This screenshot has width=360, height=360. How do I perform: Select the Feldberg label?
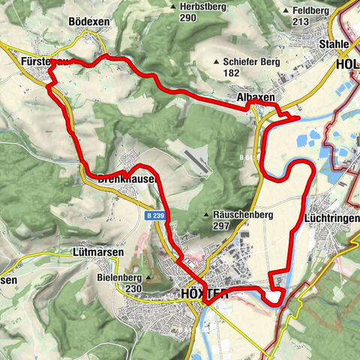tap(309, 11)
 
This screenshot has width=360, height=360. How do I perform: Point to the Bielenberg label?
tap(120, 277)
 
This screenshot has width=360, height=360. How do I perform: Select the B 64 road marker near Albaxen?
tap(247, 157)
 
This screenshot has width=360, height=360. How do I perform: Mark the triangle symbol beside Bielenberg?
tap(148, 277)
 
